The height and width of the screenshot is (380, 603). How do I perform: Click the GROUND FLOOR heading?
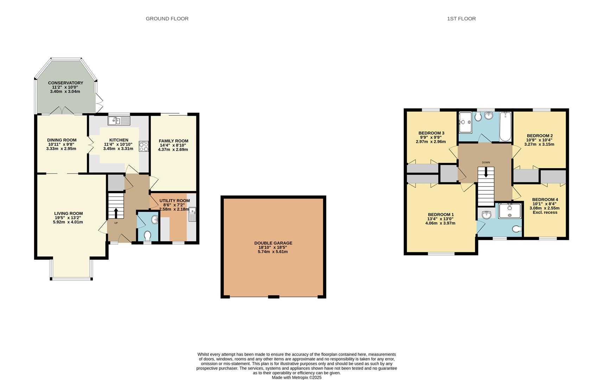[167, 19]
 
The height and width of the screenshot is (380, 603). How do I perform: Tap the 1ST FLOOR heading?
[461, 19]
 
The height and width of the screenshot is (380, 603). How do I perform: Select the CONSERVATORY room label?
[65, 83]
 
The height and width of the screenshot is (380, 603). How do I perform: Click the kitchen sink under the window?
[119, 121]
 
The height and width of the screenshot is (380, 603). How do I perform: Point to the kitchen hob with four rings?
[144, 146]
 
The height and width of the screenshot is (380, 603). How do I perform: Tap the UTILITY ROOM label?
[174, 201]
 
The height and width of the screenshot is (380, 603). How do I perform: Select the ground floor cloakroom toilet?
[147, 235]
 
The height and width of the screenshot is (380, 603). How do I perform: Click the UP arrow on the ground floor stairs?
[116, 213]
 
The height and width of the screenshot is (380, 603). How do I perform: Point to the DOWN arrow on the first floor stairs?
[486, 172]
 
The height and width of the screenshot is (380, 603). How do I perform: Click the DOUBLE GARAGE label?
[273, 243]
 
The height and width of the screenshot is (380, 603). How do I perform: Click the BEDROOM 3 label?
[431, 133]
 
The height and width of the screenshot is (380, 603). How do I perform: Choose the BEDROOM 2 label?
[539, 135]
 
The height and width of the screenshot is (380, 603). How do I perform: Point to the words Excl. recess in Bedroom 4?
[545, 212]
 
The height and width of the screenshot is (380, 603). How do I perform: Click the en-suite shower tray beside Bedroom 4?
[509, 210]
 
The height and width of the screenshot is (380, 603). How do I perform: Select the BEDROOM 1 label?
[440, 215]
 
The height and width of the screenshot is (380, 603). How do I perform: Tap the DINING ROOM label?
[62, 140]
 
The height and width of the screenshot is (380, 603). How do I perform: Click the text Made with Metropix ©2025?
[297, 378]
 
